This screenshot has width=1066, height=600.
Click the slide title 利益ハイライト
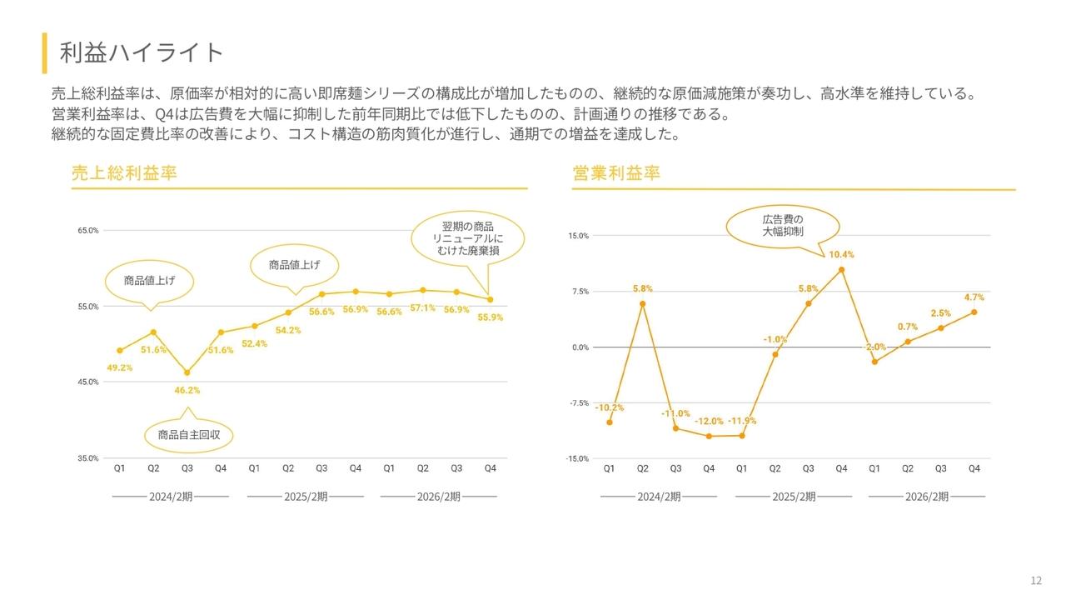142,52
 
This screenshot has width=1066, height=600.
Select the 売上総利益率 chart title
124,173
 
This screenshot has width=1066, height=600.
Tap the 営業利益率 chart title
616,173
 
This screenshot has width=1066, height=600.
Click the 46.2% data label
187,390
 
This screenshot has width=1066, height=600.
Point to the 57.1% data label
422,307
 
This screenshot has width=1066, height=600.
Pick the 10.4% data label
841,254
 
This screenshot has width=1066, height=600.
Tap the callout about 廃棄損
468,238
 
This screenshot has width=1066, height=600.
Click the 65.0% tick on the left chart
88,230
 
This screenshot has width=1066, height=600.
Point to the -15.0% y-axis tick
578,458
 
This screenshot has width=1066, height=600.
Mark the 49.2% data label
120,367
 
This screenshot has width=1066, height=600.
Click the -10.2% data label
609,407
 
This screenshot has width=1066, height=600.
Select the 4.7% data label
974,297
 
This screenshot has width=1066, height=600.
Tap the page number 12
1036,581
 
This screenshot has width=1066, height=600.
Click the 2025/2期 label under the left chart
306,497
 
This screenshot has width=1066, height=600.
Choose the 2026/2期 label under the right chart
927,497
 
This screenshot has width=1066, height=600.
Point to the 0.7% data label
908,327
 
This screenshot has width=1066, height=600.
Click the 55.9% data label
490,317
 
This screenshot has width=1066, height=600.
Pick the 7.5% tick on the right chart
580,292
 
